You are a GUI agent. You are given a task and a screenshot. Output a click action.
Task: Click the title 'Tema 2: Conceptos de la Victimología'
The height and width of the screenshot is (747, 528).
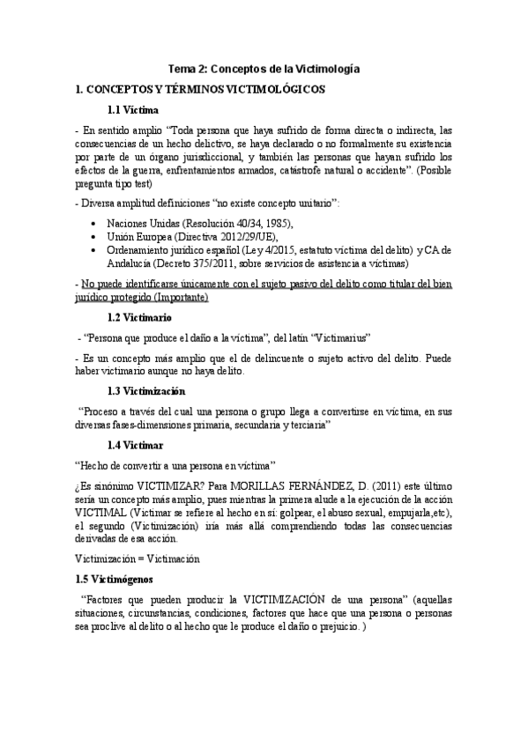[264, 69]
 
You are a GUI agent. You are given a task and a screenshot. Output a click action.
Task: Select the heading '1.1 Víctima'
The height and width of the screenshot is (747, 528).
[132, 110]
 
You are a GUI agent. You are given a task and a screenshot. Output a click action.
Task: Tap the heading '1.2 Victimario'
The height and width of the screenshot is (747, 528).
[139, 316]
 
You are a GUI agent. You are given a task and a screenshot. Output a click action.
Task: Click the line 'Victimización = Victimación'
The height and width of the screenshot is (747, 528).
[139, 558]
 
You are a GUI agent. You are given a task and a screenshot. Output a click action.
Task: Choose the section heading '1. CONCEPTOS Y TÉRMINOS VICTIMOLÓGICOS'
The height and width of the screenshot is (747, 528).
[201, 90]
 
